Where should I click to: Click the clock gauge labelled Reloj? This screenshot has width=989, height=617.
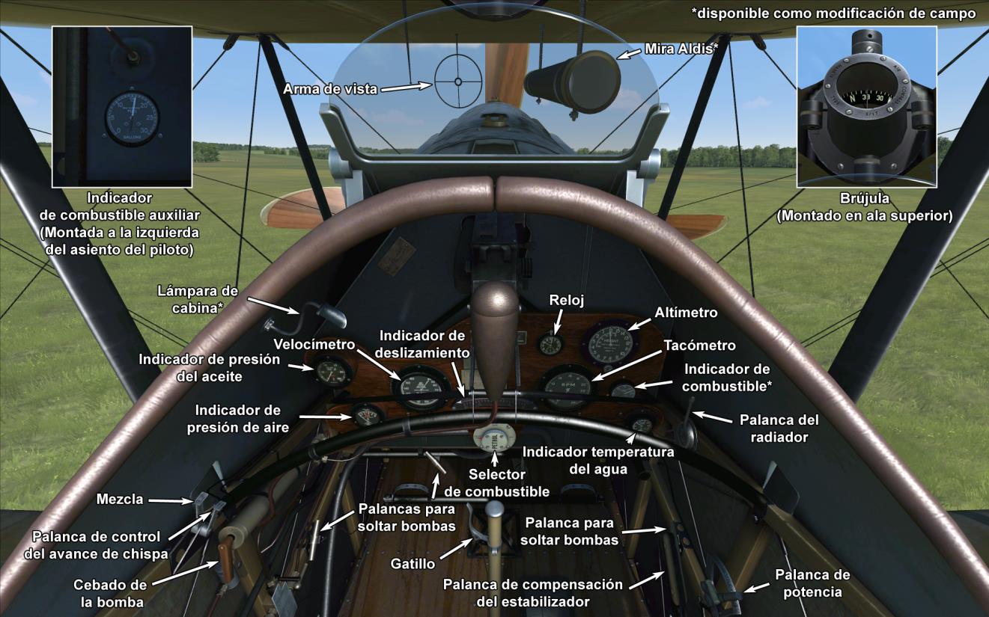551,344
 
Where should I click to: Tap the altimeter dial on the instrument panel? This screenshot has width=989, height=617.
609,345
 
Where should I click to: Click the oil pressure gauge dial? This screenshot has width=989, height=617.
332,370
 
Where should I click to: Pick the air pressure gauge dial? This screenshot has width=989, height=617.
368,415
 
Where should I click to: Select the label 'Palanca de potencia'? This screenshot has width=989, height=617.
812,583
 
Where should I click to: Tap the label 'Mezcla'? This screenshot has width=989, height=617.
119,500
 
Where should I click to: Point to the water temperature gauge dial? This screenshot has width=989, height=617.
641,423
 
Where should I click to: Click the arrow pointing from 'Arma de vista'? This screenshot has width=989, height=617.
408,87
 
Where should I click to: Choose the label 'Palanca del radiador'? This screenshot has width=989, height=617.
779,429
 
